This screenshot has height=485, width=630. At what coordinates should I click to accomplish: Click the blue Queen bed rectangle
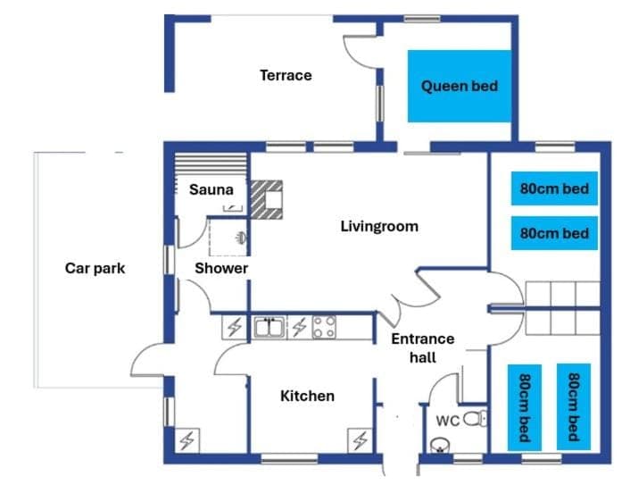(x=459, y=86)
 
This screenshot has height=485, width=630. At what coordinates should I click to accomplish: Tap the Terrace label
(x=286, y=75)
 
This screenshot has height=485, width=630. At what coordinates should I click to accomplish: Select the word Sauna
(x=211, y=189)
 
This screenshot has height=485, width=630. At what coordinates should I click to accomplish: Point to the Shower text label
(x=221, y=268)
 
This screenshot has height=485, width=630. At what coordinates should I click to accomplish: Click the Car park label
(x=95, y=268)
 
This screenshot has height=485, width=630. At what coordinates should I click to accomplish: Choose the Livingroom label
(x=379, y=226)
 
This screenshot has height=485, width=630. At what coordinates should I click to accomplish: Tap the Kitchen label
(x=308, y=396)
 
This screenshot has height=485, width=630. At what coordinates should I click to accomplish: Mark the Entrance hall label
(x=423, y=347)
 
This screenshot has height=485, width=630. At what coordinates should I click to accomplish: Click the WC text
(x=447, y=420)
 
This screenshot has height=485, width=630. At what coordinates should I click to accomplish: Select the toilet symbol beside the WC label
(x=477, y=417)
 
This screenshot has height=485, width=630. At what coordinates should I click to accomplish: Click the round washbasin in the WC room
(x=437, y=446)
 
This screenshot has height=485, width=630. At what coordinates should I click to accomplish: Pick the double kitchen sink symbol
(x=268, y=328)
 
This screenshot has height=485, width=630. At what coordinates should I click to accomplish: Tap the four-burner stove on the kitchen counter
(x=324, y=328)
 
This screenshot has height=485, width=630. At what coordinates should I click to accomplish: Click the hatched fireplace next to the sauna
(x=267, y=198)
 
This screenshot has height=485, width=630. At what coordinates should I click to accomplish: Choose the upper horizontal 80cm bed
(x=554, y=188)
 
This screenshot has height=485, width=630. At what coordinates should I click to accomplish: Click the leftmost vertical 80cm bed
(x=525, y=406)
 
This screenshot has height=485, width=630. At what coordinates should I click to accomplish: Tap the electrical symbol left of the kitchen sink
(x=235, y=328)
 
